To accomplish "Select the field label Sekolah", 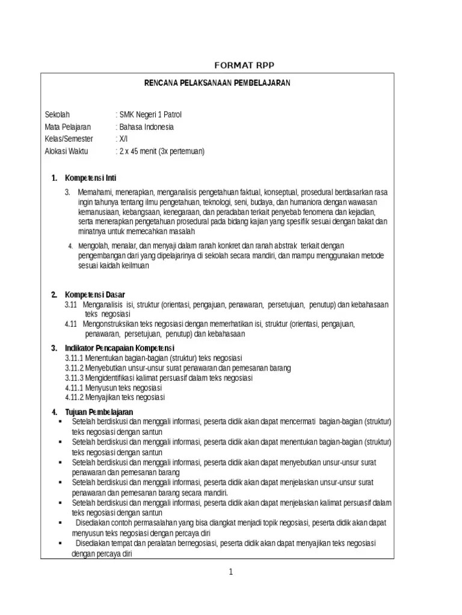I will coord(58,115).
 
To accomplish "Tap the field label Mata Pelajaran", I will coord(68,127).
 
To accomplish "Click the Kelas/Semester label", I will coord(69,139).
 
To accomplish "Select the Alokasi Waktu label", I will coord(66,151).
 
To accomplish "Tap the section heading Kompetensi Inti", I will coord(90,178).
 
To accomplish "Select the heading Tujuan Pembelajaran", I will coord(99,411).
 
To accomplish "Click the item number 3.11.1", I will coord(75,359).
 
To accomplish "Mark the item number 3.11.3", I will coord(75,378).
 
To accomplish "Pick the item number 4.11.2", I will coord(75,397).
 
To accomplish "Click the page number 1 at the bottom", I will coord(230,572).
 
